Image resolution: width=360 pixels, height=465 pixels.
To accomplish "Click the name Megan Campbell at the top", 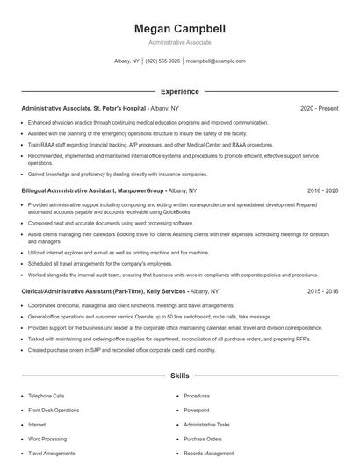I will click(x=179, y=28).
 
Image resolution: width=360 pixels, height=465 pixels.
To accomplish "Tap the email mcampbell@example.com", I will click(x=216, y=61).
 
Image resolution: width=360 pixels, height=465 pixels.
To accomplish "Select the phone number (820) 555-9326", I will click(x=162, y=61).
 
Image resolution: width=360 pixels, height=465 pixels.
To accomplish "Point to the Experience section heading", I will click(x=179, y=91).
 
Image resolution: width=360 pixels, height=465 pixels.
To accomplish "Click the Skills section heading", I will click(x=179, y=376).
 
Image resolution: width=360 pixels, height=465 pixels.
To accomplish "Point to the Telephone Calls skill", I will click(x=46, y=396).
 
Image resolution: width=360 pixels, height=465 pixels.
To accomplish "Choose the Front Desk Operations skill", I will click(x=54, y=410).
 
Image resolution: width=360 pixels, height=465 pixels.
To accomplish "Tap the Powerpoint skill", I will click(x=197, y=410).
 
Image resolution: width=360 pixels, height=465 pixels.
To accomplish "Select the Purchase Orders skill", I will click(x=203, y=439).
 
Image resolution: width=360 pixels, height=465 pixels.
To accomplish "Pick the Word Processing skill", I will click(x=47, y=439).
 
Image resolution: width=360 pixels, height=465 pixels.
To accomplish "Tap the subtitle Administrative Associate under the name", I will click(x=179, y=42).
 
